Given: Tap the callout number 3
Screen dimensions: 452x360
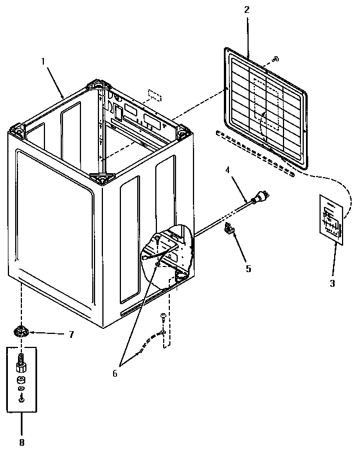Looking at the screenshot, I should [332, 283].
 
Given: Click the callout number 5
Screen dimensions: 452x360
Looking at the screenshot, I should [248, 268].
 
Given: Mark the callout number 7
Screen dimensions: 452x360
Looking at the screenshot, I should [71, 335].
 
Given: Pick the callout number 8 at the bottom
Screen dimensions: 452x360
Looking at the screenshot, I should [22, 442].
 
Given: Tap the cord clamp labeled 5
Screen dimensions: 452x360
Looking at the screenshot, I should [231, 229].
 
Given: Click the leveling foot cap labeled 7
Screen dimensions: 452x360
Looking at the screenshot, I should [22, 331].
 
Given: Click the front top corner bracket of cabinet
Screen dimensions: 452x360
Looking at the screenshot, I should [101, 178].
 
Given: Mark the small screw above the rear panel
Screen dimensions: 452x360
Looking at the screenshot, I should [275, 58].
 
